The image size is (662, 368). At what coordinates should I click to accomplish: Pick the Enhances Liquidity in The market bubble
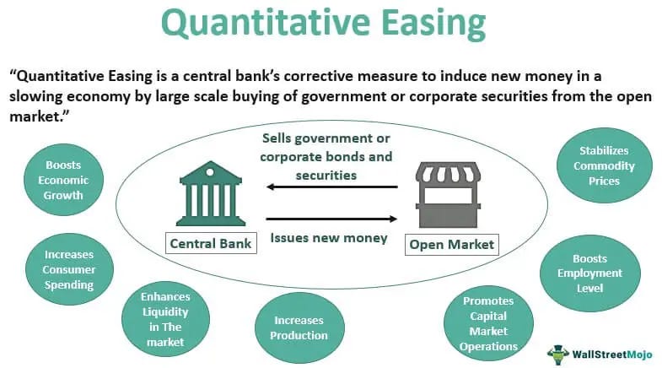coord(164,318)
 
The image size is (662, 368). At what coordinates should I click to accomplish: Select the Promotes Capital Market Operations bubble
coord(488,322)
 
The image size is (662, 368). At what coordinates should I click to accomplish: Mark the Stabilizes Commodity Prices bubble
coord(604,165)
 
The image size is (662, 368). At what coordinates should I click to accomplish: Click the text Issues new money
coord(329,238)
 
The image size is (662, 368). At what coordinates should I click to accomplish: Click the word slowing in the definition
coord(41,96)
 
